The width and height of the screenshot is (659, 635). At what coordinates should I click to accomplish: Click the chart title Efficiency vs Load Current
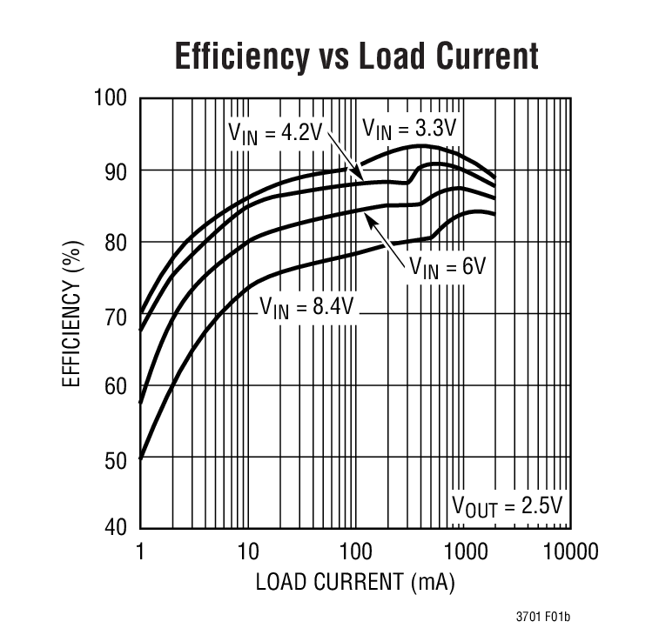(356, 56)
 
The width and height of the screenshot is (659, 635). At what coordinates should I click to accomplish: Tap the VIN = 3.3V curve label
(409, 130)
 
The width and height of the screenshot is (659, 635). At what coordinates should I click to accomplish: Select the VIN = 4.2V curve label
(275, 132)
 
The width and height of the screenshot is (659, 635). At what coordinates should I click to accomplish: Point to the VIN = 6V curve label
(447, 266)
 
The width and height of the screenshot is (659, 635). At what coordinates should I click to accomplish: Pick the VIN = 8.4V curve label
(309, 306)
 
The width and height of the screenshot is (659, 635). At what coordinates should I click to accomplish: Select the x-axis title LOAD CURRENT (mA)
(355, 581)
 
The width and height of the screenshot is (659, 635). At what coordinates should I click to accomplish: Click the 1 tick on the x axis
(140, 551)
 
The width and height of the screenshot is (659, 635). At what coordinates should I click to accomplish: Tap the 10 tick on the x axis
(248, 551)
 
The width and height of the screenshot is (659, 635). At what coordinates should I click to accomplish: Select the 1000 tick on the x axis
(463, 551)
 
